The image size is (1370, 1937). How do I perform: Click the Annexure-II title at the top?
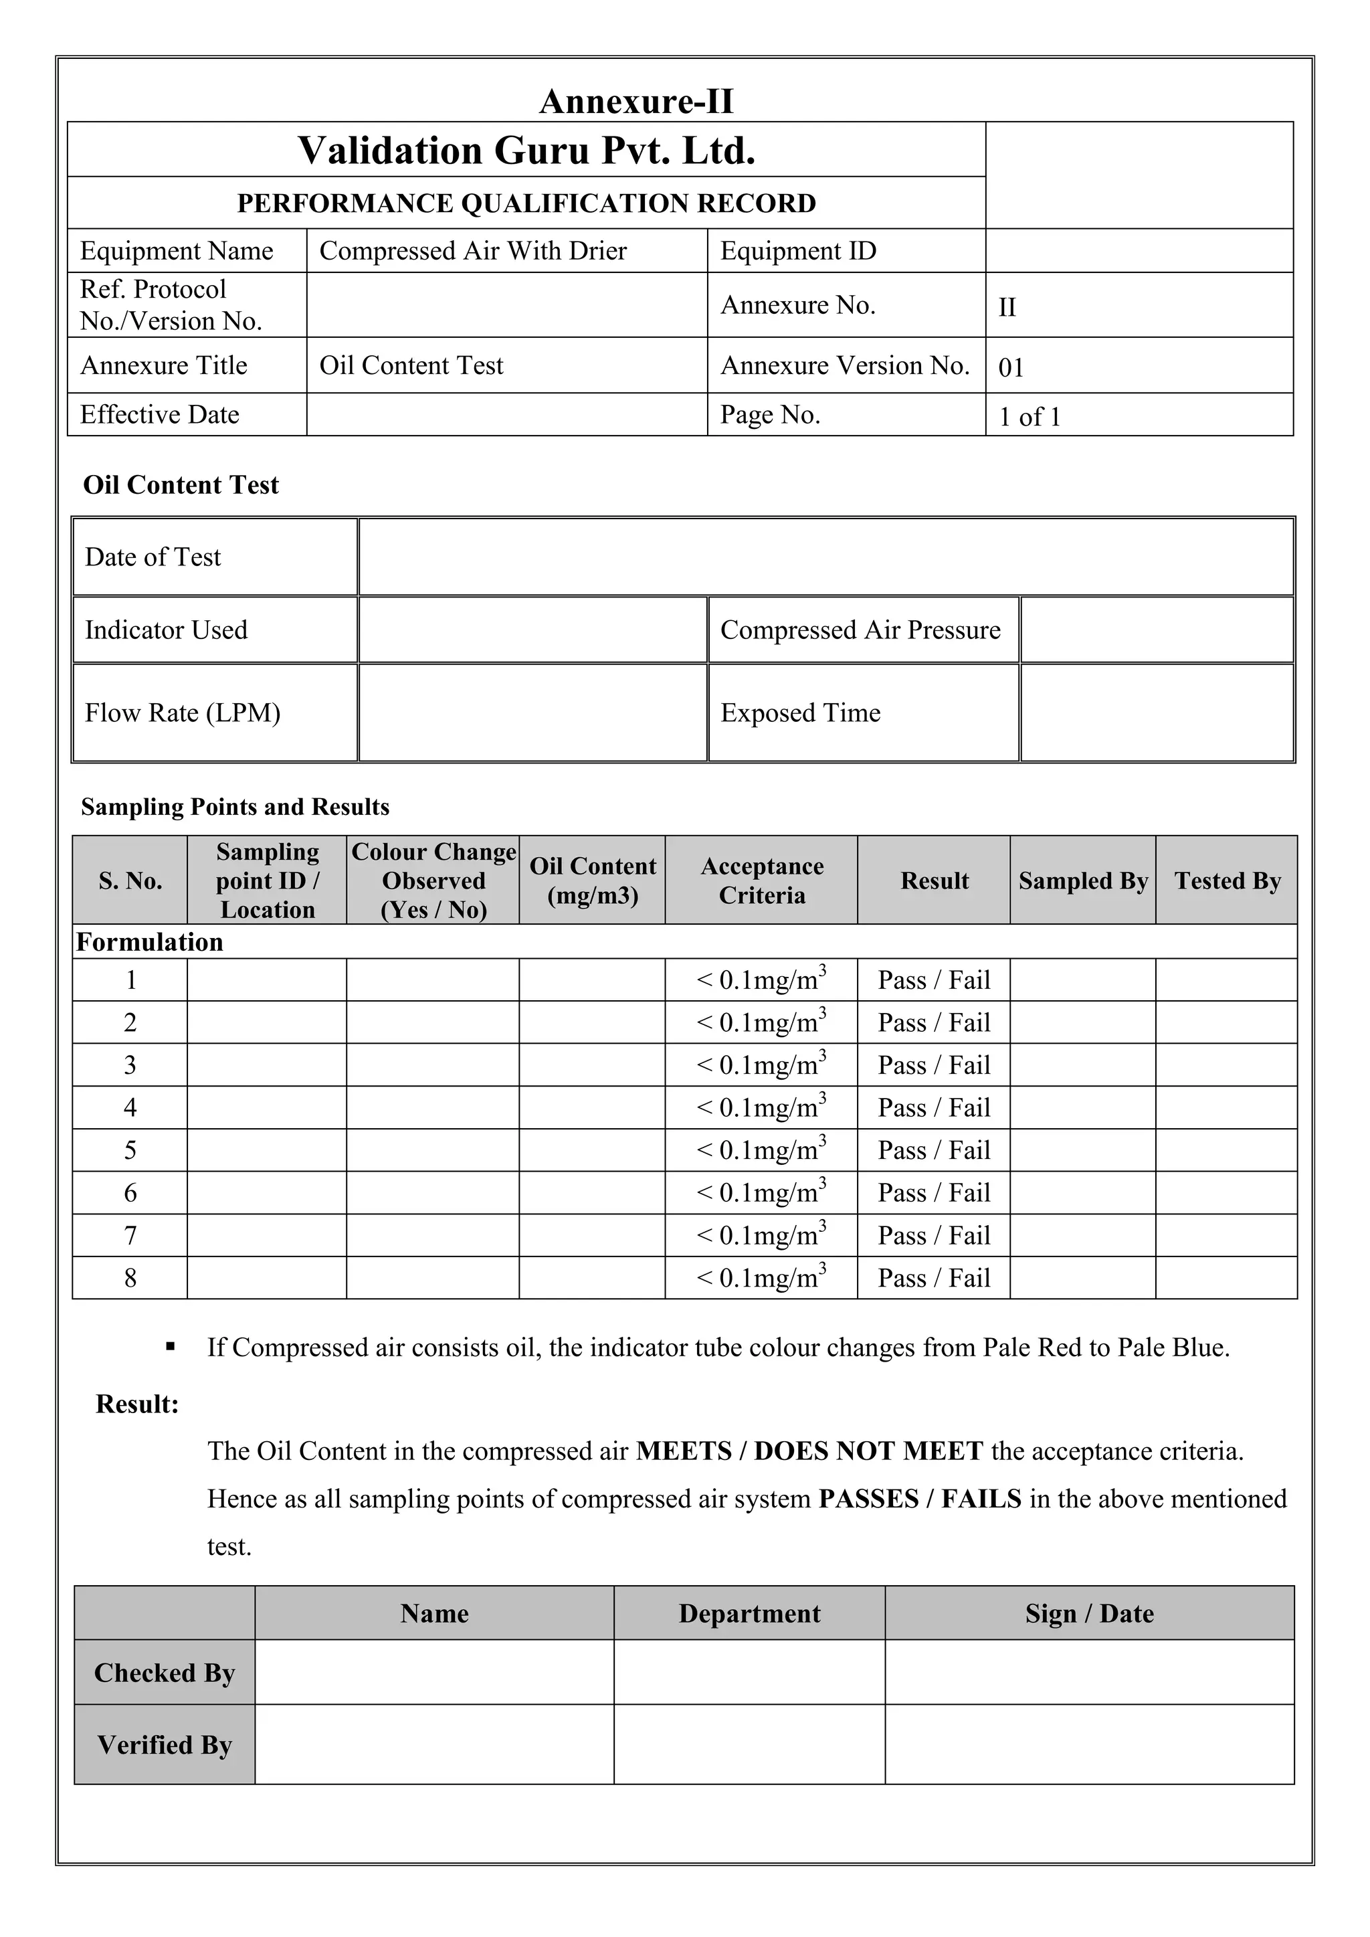[636, 102]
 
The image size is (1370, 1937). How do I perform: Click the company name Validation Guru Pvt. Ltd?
[526, 151]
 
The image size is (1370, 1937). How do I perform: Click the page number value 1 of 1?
[1030, 417]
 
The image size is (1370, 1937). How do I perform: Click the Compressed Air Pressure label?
[860, 630]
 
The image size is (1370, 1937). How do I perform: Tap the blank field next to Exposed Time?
[1156, 713]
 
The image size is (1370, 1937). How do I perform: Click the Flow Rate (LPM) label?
[182, 713]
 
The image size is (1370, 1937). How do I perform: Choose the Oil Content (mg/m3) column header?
[592, 880]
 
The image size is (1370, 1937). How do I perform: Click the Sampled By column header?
[1083, 881]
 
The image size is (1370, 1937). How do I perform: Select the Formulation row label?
[150, 941]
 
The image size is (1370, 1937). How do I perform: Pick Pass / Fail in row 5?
[934, 1150]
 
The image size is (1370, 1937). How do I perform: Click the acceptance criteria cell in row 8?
[761, 1277]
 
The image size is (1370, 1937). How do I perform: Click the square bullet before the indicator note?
[171, 1346]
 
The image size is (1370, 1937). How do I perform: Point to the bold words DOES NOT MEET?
[868, 1451]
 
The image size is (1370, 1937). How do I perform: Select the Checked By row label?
[165, 1672]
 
